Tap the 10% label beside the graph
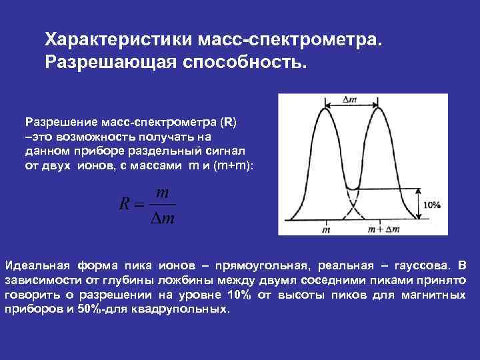(x=431, y=205)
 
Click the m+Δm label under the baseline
(x=383, y=229)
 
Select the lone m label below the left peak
(x=326, y=229)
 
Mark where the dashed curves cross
(x=351, y=202)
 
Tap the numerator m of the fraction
(x=161, y=191)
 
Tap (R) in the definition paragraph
(x=227, y=123)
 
